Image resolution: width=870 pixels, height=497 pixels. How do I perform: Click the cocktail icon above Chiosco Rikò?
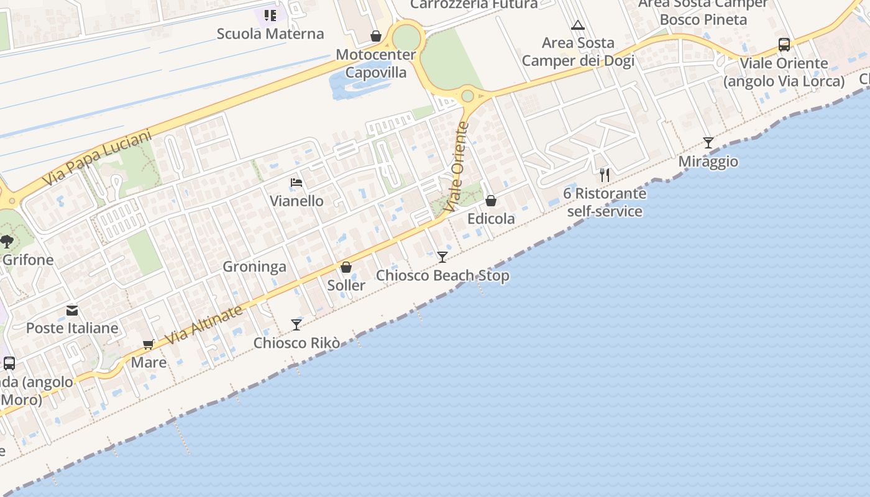coord(296,324)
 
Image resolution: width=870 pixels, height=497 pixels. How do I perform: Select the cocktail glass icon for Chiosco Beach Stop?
coord(442,257)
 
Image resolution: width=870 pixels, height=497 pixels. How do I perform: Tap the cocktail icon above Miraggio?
coord(708,143)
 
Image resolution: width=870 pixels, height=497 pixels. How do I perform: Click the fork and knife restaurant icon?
coord(605,175)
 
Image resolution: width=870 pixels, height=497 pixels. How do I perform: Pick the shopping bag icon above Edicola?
coord(491,201)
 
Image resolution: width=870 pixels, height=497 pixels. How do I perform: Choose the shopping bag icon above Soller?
coord(346,267)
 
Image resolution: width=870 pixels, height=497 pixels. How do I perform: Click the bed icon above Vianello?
coord(296,183)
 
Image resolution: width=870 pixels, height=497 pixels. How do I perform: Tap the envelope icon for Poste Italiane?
coord(72,310)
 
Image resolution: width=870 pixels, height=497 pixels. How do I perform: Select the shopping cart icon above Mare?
coord(148,344)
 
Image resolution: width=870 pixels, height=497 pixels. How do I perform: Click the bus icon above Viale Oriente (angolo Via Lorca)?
coord(784,45)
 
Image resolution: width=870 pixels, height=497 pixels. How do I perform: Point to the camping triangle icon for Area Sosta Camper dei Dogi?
coord(578,25)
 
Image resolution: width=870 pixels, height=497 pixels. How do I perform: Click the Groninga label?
coord(255,267)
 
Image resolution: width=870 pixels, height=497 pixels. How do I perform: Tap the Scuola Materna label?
coord(270,34)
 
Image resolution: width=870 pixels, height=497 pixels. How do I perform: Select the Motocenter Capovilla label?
coord(376,63)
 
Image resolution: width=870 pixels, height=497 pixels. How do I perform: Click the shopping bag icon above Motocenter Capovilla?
coord(376,36)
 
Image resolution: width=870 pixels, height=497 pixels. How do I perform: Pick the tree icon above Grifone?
coord(7,241)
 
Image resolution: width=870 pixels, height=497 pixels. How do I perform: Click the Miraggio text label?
coord(708,162)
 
